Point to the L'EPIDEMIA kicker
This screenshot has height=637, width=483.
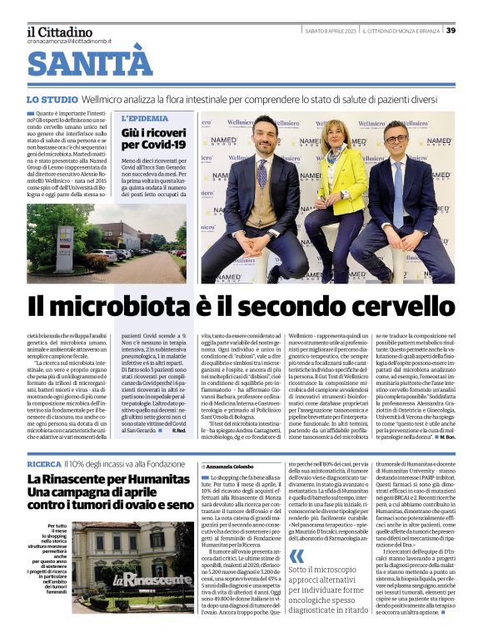[x=145, y=119]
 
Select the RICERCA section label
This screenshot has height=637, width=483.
[x=44, y=462]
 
